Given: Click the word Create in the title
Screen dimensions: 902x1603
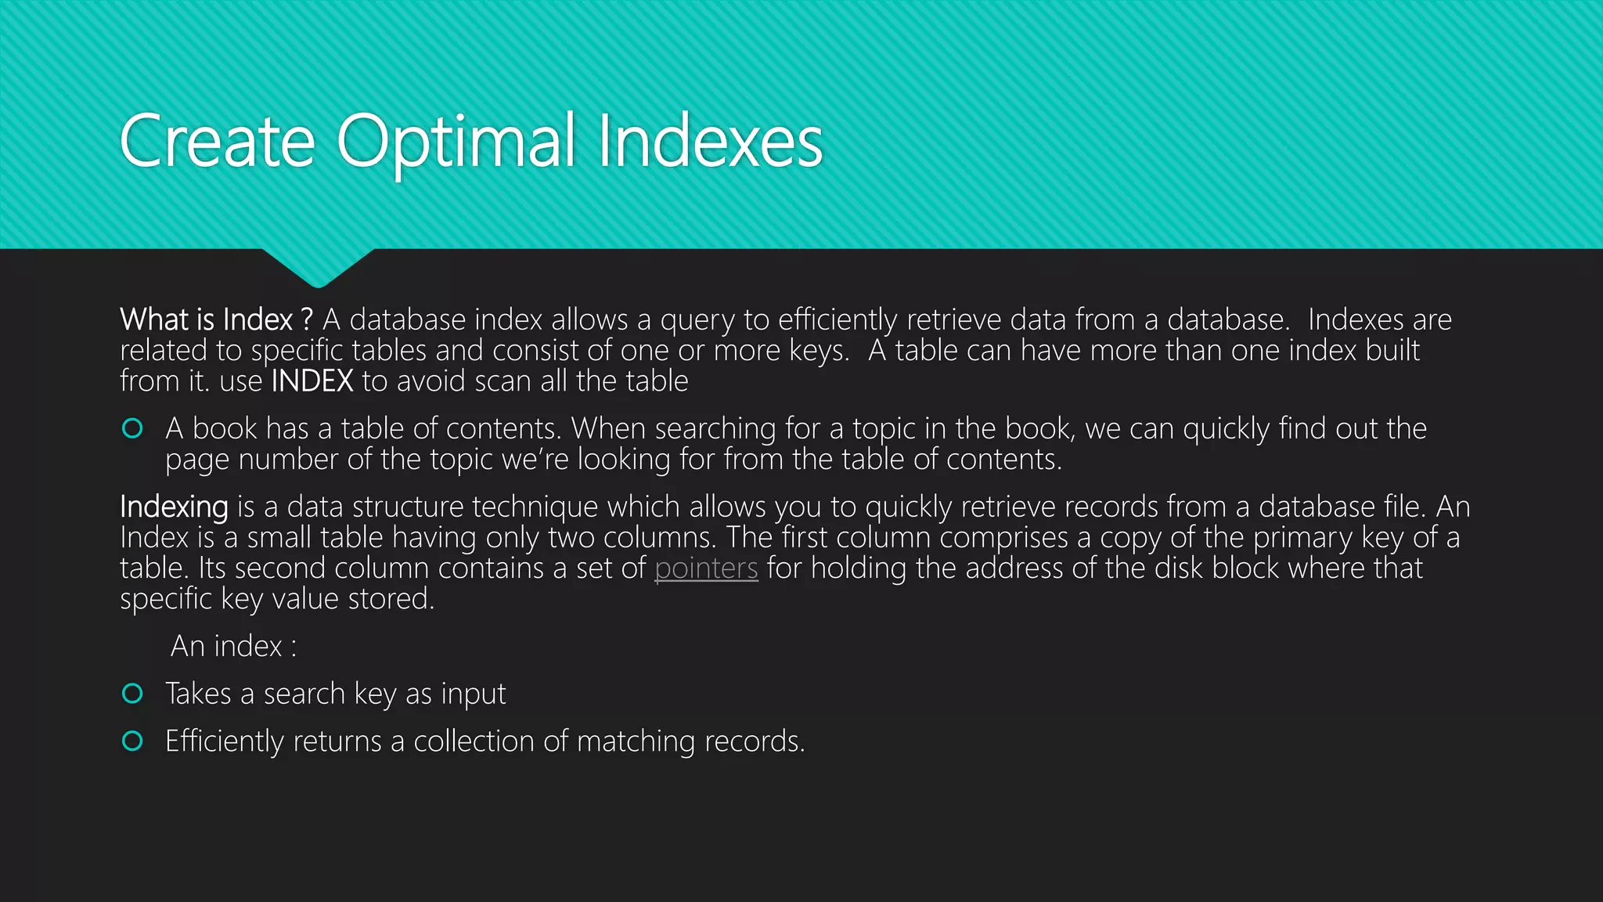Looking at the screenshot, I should click(217, 142).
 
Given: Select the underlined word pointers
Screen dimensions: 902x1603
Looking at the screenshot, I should click(706, 569).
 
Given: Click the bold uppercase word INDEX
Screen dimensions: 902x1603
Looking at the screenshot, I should click(312, 381).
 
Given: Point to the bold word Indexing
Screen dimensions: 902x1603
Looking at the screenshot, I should click(174, 507).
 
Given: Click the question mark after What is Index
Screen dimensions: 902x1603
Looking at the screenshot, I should click(306, 319).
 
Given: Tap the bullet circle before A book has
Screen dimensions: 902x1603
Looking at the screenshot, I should click(133, 428).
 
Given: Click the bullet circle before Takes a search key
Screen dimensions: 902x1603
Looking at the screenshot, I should click(133, 694).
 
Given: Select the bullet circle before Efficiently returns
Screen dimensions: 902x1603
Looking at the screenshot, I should click(133, 741).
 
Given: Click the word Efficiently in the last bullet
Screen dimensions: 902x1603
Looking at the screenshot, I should click(225, 741).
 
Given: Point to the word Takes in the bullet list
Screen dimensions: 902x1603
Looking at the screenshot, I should click(198, 694).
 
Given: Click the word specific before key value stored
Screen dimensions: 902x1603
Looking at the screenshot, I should click(166, 600).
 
